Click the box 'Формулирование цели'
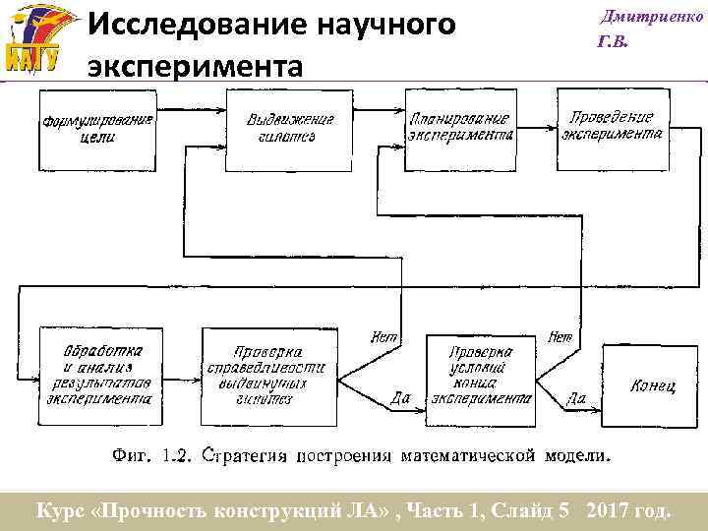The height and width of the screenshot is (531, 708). tap(97, 129)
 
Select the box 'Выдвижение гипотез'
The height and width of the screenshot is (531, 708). tap(289, 129)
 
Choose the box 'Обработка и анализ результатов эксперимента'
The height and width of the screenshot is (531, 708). tap(95, 375)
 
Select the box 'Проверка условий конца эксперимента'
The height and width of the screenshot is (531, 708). tap(480, 380)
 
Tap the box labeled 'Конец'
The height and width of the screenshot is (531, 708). tap(653, 385)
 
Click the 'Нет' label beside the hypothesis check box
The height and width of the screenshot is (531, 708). tap(383, 337)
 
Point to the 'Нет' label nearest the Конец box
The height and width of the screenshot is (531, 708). tap(560, 337)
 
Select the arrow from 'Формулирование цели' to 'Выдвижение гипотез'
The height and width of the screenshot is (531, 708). tap(191, 129)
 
